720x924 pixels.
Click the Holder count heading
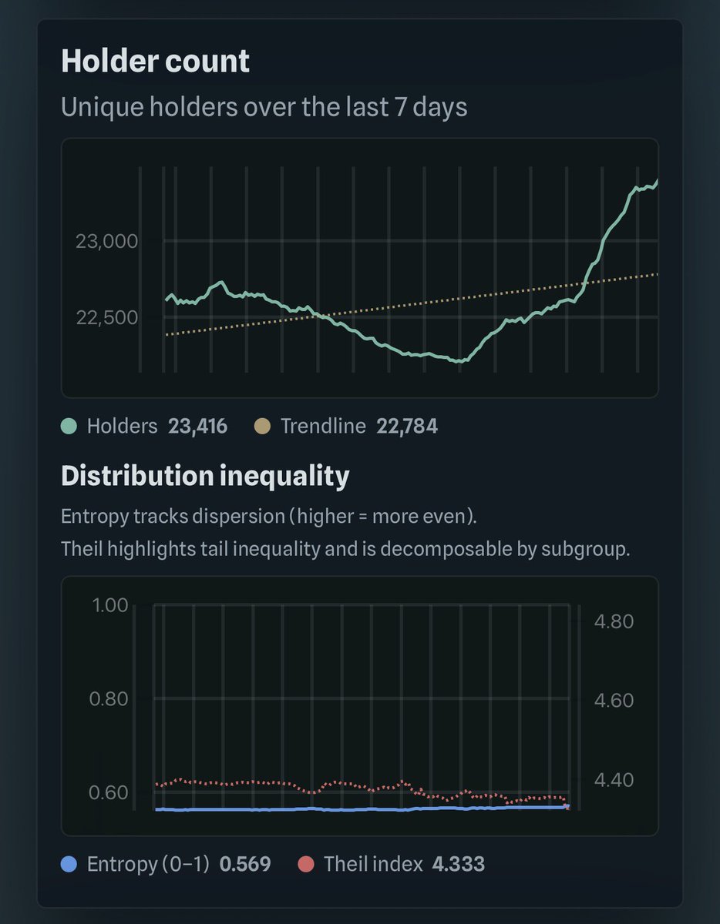[x=155, y=62]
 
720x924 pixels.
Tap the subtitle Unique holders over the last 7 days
[x=264, y=106]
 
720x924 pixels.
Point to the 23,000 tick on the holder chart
[x=106, y=242]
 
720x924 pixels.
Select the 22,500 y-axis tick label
[x=106, y=317]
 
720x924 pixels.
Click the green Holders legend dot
[x=69, y=426]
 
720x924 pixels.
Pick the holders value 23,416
[x=197, y=426]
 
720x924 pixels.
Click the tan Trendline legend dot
[x=262, y=426]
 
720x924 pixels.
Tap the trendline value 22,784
[x=407, y=426]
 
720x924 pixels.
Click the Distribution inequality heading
[x=205, y=476]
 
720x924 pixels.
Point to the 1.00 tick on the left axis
[x=109, y=605]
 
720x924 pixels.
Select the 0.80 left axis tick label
[x=109, y=699]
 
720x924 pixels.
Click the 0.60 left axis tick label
[x=109, y=793]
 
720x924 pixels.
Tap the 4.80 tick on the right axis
[x=614, y=621]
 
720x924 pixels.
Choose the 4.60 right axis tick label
[x=614, y=700]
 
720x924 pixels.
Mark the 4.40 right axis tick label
[x=614, y=780]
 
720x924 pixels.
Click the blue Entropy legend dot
[x=69, y=864]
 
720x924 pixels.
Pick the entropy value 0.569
[x=245, y=864]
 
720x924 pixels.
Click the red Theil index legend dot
[x=306, y=864]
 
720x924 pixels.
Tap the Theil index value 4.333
[x=458, y=864]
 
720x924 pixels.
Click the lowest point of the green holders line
[x=459, y=360]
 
